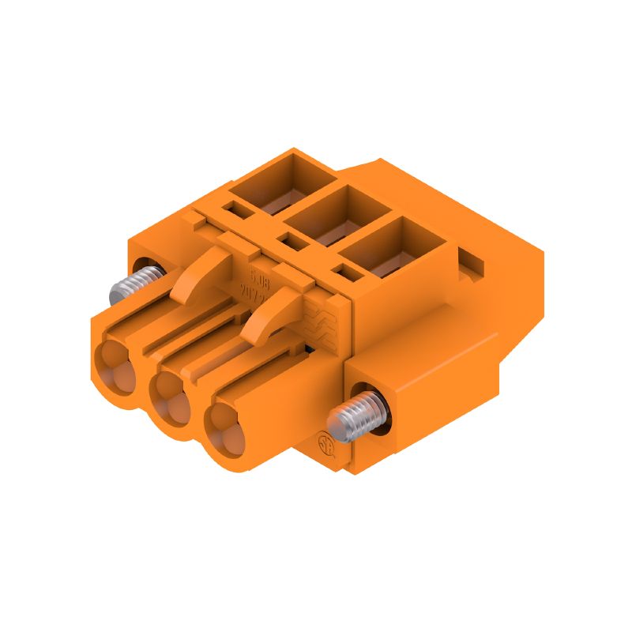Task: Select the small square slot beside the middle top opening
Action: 290,240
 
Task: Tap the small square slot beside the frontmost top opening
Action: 344,273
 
